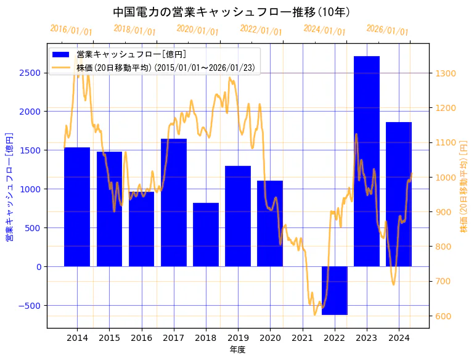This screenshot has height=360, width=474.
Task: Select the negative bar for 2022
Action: [x=334, y=290]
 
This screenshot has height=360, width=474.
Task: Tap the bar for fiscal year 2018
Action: [x=206, y=234]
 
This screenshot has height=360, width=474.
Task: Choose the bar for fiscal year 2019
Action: [x=238, y=216]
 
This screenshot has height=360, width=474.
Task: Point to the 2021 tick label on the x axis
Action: [x=302, y=338]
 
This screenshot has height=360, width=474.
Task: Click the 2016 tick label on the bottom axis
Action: [x=141, y=338]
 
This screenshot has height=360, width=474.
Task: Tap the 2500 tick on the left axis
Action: [x=30, y=73]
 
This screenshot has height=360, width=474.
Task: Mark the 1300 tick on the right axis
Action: [x=446, y=73]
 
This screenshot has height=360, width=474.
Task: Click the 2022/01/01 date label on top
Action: [x=261, y=31]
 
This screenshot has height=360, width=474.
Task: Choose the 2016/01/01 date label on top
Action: [x=71, y=30]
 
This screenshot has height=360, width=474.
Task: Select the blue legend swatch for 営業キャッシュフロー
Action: [x=61, y=54]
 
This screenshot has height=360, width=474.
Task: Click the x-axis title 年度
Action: [x=237, y=350]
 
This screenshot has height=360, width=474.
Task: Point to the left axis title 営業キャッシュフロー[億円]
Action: [x=9, y=186]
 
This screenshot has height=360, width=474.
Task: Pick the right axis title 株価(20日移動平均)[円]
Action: [x=464, y=186]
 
